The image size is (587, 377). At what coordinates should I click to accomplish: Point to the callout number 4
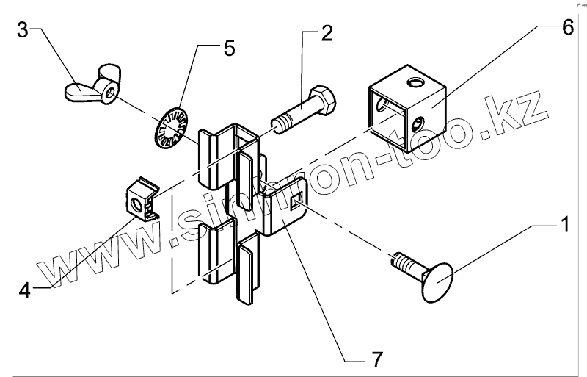pyautogui.click(x=25, y=289)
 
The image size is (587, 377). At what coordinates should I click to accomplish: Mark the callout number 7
pyautogui.click(x=376, y=361)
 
